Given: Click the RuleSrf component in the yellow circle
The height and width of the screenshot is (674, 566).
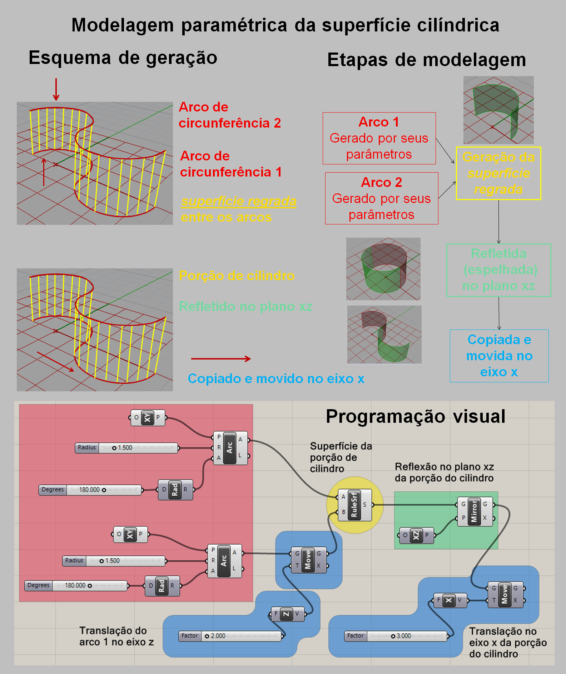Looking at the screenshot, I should click(x=354, y=505).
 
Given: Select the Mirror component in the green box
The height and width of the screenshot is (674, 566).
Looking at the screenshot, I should click(x=475, y=511).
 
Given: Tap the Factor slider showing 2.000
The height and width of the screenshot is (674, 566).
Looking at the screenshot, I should click(x=231, y=636).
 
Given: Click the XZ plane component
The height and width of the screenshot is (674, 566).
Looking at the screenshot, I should click(x=416, y=535).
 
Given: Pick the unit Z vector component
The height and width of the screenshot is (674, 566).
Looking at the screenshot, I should click(x=287, y=614).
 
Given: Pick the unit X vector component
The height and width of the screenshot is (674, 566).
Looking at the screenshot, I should click(x=449, y=600).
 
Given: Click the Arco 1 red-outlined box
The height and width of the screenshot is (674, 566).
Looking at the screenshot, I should click(x=379, y=138).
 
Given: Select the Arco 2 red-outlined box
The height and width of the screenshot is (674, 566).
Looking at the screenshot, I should click(x=382, y=198).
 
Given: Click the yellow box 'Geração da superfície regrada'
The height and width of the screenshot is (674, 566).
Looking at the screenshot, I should click(x=498, y=173).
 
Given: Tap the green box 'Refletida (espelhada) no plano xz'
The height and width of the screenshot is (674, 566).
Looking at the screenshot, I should click(x=499, y=270).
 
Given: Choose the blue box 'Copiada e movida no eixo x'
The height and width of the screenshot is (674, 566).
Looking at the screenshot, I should click(x=499, y=356).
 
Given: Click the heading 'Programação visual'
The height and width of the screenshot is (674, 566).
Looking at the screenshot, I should click(x=416, y=416).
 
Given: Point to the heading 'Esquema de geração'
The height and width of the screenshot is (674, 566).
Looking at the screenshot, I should click(x=123, y=58).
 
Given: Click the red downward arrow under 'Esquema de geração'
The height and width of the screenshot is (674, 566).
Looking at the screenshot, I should click(x=56, y=89).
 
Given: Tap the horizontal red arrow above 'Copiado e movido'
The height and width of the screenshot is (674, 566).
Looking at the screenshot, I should click(x=221, y=359).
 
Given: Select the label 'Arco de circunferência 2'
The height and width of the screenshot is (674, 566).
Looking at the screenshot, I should click(x=230, y=115).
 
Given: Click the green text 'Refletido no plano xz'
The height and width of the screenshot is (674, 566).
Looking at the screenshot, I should click(x=245, y=306).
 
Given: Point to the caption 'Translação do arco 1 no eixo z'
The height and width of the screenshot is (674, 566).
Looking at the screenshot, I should click(x=116, y=636).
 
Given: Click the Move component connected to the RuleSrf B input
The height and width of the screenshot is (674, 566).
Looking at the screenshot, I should click(x=308, y=560).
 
